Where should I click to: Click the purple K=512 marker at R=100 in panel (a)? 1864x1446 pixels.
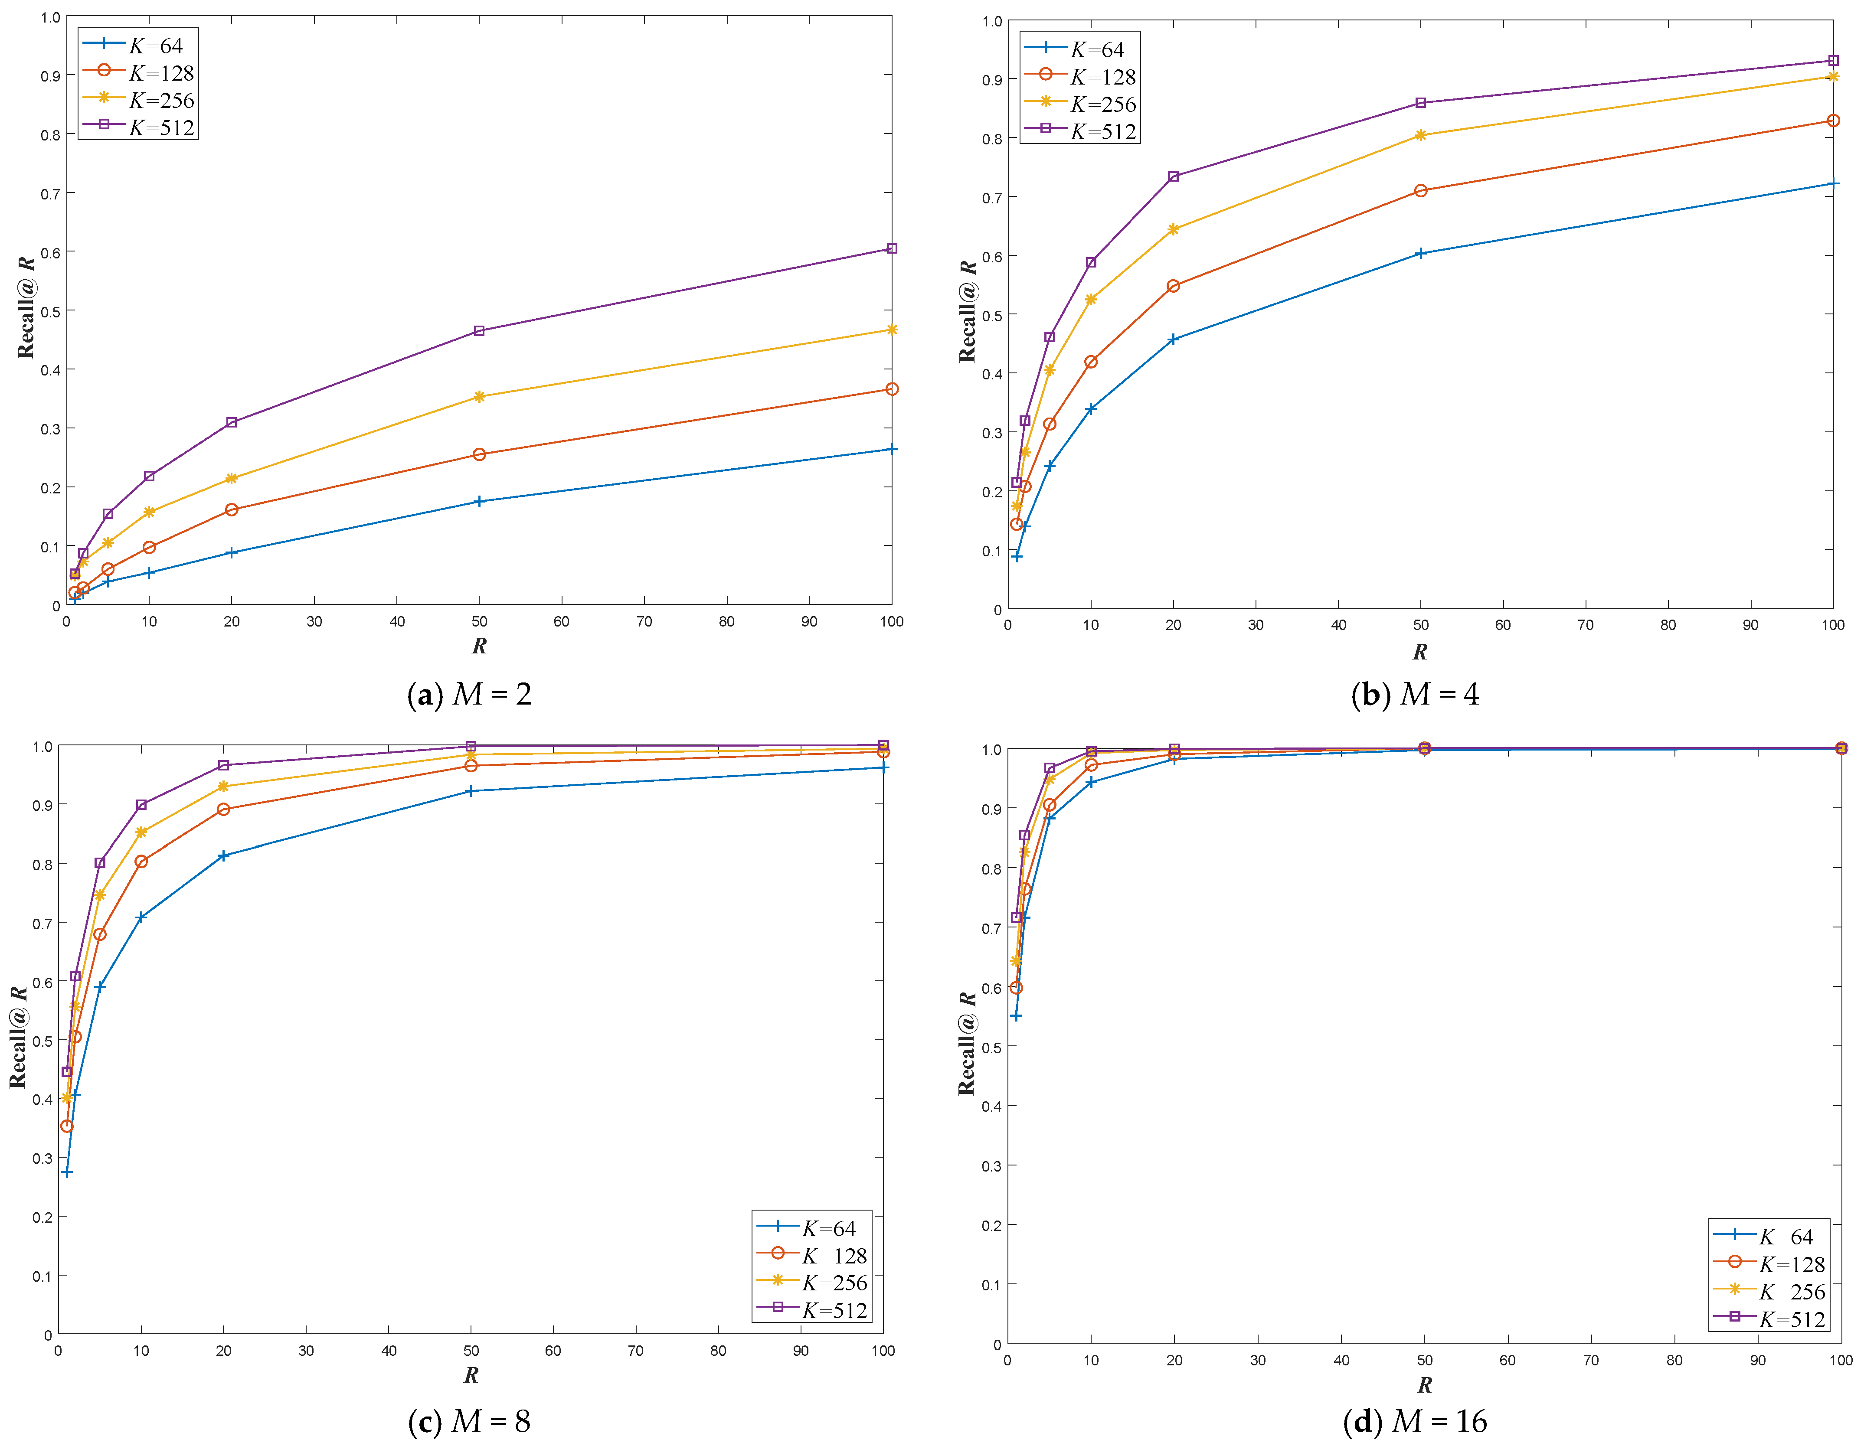892,248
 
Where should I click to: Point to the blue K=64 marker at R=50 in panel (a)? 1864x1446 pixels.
479,502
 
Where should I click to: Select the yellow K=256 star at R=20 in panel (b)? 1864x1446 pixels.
1173,229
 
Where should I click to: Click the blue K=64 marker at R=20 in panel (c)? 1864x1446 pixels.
224,855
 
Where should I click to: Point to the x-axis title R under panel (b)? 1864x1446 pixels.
1419,652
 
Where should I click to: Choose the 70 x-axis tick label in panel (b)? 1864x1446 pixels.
1585,625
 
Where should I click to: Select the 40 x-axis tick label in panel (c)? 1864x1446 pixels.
388,1351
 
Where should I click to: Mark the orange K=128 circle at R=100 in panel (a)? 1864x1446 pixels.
892,389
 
